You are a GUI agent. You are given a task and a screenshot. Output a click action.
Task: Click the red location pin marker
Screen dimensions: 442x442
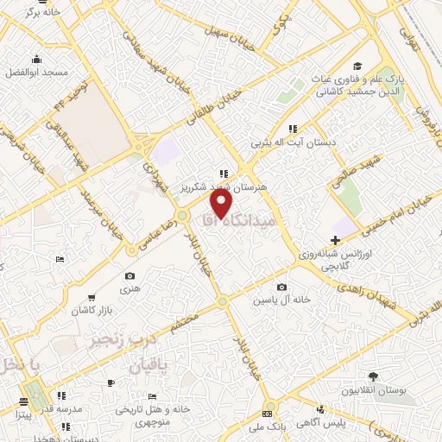point(222,204)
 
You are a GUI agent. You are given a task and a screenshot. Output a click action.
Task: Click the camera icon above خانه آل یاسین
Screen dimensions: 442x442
point(281,287)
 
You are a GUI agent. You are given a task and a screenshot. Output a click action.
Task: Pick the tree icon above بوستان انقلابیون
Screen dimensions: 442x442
point(373,377)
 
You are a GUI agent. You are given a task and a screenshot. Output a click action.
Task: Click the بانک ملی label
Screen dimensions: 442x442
point(267,426)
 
